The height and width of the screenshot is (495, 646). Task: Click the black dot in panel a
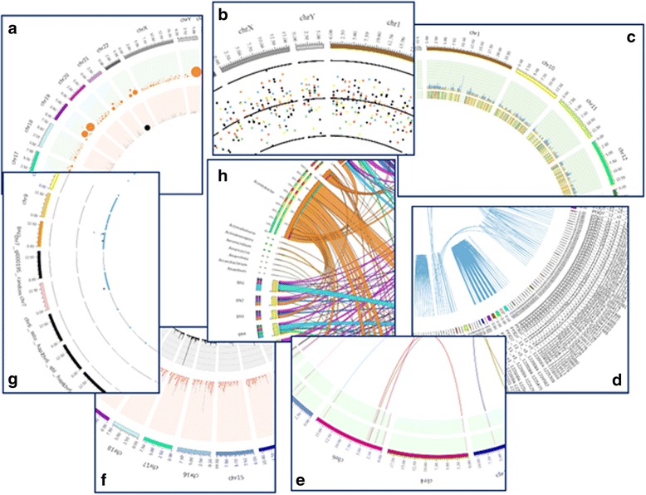148,127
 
